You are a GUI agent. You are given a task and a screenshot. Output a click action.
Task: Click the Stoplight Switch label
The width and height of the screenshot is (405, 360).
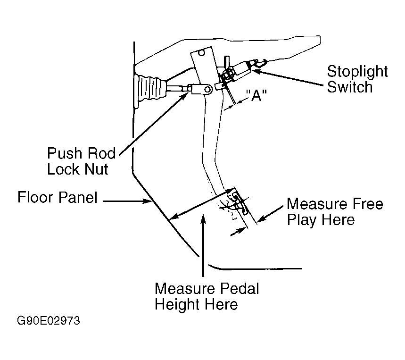357,79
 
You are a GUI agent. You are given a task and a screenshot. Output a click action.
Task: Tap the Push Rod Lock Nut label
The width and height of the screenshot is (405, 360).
82,161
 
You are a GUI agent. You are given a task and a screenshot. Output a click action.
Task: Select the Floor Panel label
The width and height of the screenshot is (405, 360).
58,197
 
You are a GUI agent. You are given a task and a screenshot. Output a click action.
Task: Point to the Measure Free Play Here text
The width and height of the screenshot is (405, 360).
335,212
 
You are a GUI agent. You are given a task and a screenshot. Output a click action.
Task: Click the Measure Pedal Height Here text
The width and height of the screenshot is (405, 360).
207,296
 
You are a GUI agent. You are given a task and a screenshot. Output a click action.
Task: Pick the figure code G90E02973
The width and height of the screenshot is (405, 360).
49,321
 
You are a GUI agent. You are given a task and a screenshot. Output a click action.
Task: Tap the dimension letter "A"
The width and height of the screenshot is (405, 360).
256,95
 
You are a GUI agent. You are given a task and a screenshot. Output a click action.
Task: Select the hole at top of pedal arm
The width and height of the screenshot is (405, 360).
201,53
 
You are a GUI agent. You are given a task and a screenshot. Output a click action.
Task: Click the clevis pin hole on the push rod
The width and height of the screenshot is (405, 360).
207,90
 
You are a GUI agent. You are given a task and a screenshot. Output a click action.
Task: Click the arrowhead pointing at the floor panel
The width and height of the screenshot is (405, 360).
148,201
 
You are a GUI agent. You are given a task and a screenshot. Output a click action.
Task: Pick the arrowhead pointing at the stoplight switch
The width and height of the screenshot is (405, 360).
256,70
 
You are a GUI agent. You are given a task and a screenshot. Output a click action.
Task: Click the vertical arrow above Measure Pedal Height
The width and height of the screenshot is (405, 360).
203,245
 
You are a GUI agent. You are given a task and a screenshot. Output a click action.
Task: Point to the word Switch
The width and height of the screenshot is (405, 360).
350,87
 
